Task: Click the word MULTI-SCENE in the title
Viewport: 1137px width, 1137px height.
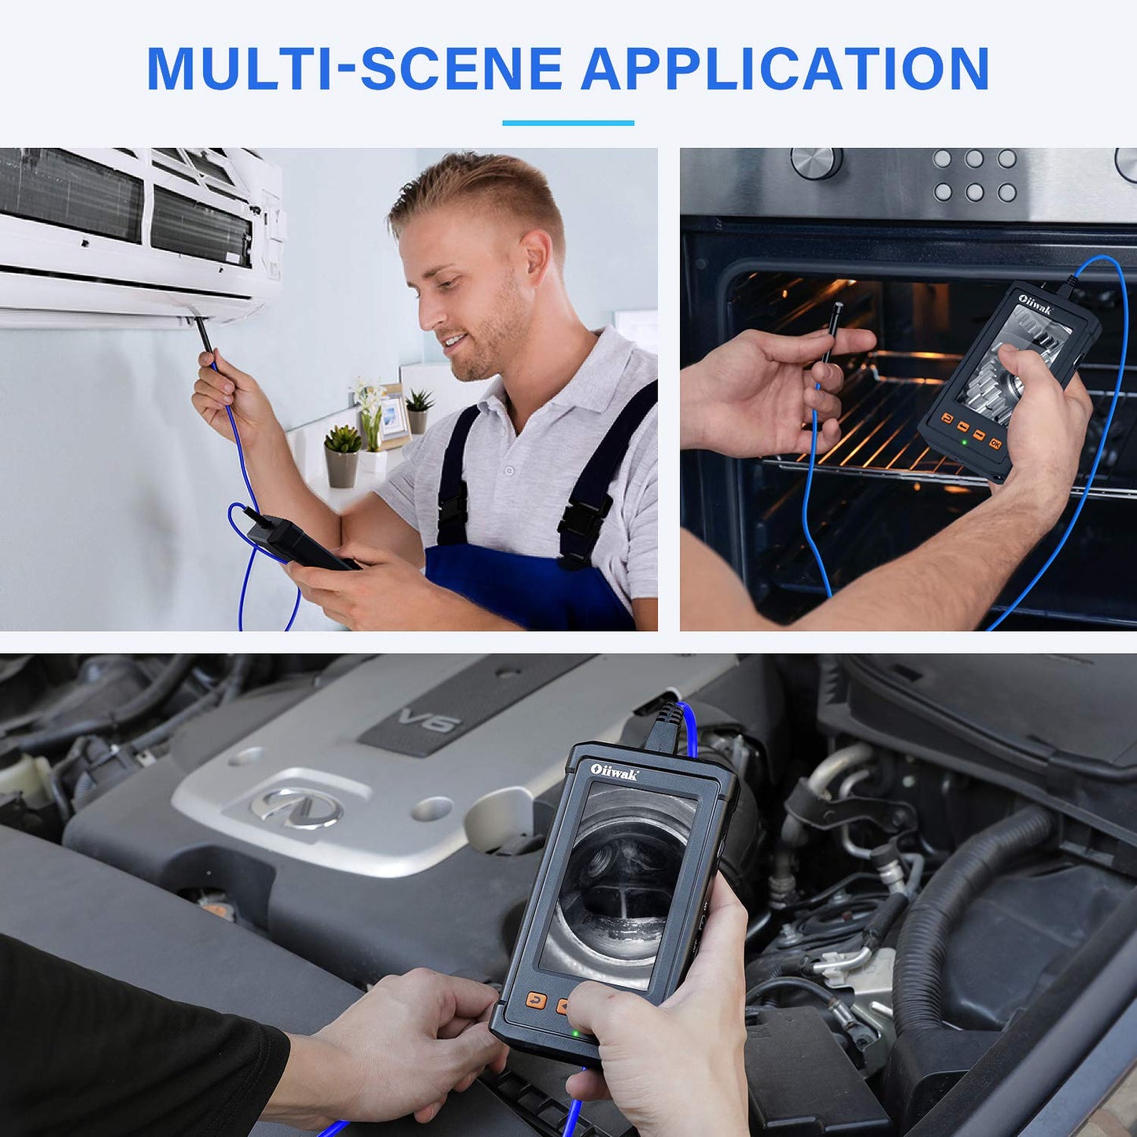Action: [x=354, y=68]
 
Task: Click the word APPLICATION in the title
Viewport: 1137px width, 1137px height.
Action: [x=784, y=68]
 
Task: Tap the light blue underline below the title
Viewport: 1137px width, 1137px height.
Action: [x=568, y=124]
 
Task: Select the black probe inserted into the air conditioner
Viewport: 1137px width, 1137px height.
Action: [x=204, y=334]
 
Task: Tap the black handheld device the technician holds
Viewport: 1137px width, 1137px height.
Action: [x=301, y=542]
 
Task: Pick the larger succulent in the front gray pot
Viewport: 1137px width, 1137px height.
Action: [x=343, y=440]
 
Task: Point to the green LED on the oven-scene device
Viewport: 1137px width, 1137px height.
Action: [x=964, y=442]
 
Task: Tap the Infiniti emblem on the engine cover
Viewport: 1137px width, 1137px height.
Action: [x=296, y=807]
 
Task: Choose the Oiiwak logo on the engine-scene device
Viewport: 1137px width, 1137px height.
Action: [x=614, y=773]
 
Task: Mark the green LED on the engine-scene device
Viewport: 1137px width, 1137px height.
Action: [x=574, y=1033]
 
